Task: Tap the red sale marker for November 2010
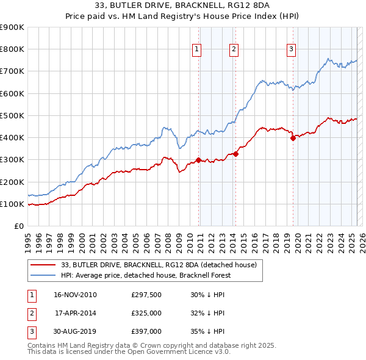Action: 199,160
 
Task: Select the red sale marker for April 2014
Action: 235,154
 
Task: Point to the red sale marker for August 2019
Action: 293,138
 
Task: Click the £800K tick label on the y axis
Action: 12,49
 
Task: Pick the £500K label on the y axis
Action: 12,115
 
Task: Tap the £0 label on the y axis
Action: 19,226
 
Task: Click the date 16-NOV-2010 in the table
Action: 75,295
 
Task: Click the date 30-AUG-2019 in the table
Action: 75,333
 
